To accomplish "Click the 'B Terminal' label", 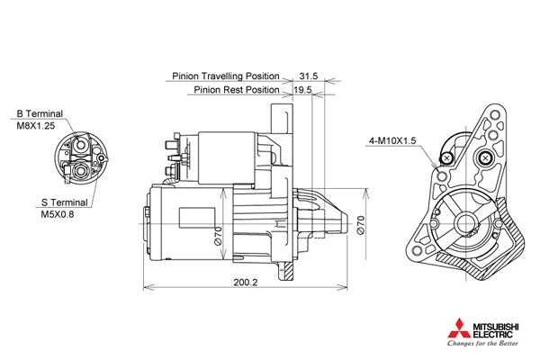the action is click(x=40, y=113).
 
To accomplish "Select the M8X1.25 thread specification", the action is click(x=36, y=126).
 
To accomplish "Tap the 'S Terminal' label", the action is click(x=65, y=202).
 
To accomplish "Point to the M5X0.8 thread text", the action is click(x=58, y=214).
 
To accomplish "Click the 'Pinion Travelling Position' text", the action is click(x=226, y=76).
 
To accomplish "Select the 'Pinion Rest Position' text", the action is click(x=237, y=90).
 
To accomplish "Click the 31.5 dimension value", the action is click(x=308, y=76).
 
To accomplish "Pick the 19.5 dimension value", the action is click(x=302, y=90).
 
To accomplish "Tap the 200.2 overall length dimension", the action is click(x=246, y=282).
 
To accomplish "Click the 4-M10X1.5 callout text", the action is click(x=392, y=140).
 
